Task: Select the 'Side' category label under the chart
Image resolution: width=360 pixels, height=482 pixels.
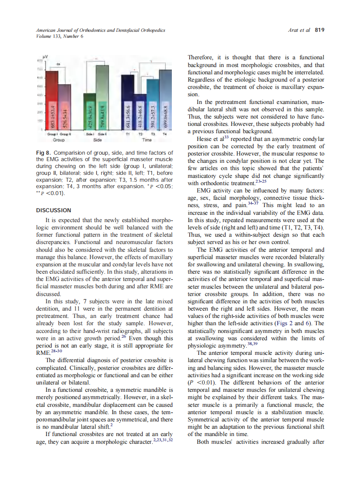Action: click(x=98, y=140)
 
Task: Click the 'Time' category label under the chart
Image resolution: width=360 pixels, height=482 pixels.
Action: click(x=147, y=140)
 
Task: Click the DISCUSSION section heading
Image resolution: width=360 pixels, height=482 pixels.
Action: click(x=54, y=210)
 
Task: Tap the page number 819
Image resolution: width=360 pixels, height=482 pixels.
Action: click(x=319, y=30)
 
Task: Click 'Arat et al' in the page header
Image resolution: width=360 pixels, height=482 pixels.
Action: click(x=299, y=30)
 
